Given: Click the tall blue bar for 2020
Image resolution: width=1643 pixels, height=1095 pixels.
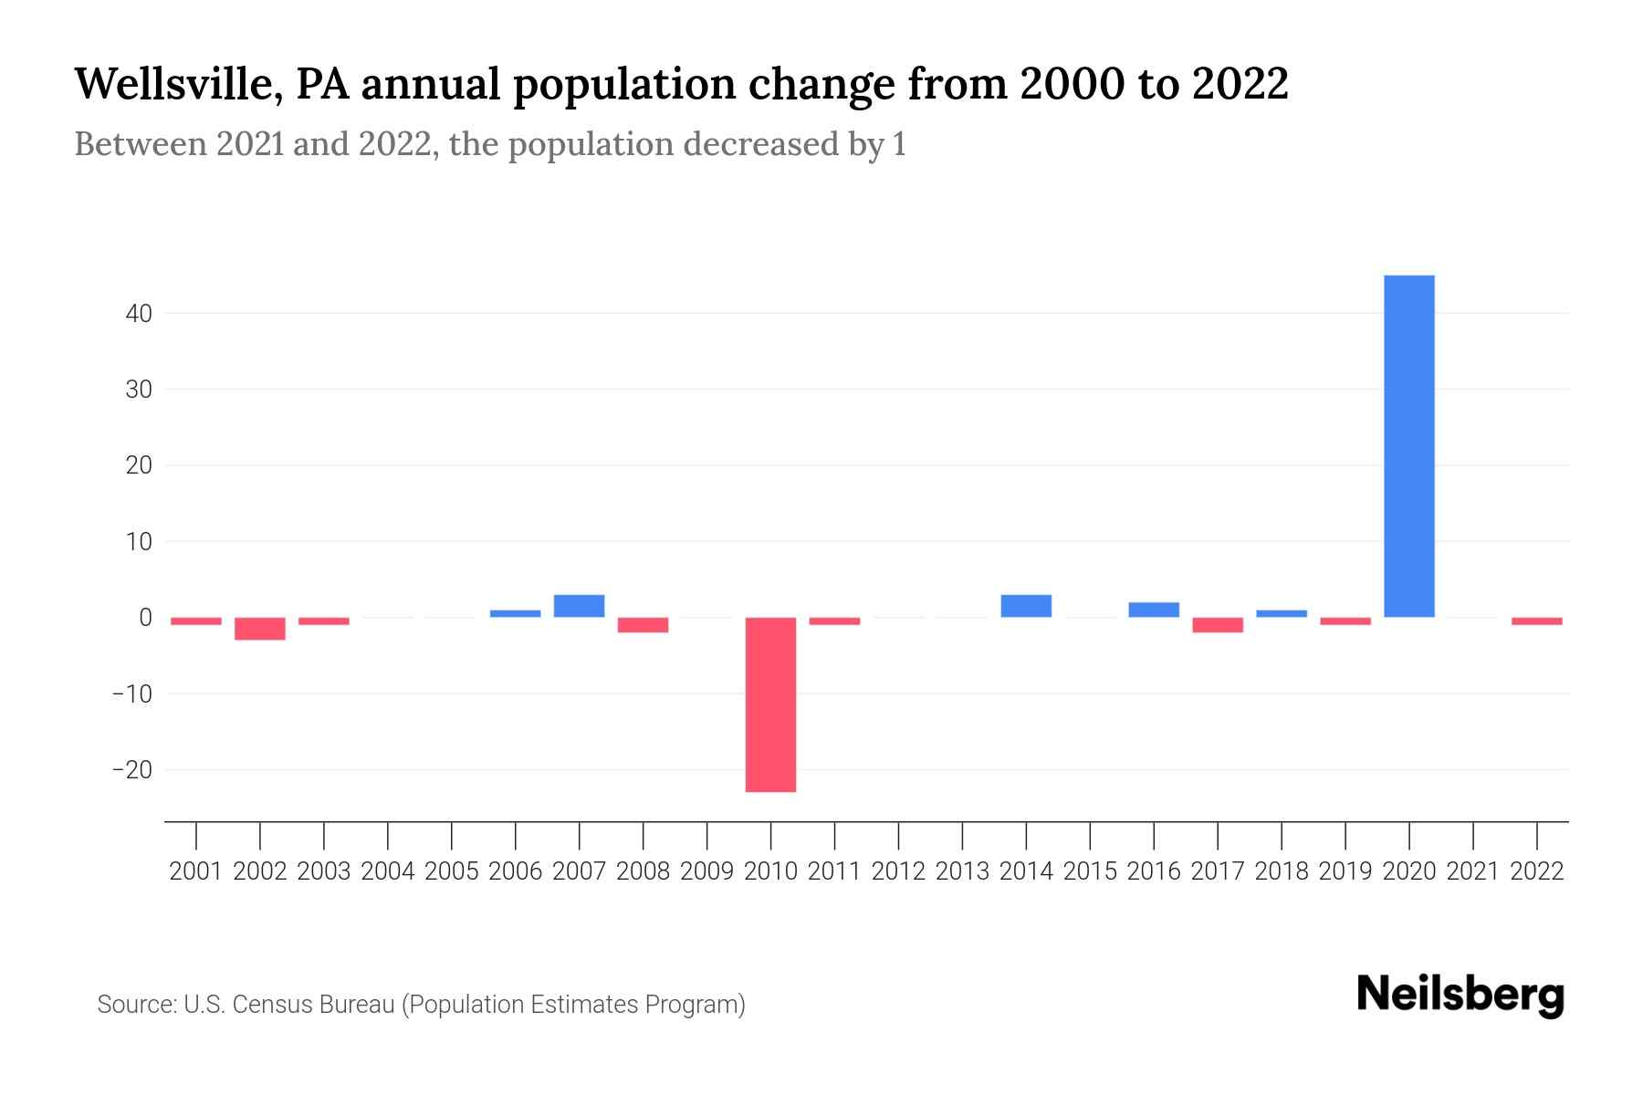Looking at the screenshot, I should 1409,446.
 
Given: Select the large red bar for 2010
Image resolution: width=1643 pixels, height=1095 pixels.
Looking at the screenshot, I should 770,704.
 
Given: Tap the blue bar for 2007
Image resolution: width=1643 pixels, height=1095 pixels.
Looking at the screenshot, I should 579,606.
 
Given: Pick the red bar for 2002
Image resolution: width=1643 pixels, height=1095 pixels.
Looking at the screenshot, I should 260,629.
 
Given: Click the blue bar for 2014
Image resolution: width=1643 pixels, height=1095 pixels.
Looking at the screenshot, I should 1026,606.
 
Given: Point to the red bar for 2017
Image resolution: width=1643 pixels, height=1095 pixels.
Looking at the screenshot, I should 1218,625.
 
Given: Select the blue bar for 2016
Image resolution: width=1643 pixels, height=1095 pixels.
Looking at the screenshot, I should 1154,610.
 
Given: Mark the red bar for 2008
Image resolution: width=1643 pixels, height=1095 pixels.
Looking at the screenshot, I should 643,625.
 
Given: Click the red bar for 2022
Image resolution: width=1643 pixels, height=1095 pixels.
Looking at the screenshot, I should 1537,621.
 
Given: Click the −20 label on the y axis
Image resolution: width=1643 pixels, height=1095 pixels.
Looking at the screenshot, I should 132,770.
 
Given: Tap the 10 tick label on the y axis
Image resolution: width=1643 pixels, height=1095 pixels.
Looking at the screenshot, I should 139,542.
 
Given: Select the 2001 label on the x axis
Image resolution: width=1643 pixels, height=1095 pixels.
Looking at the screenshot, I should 196,871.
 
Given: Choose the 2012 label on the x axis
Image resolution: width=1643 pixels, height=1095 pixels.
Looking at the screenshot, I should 898,871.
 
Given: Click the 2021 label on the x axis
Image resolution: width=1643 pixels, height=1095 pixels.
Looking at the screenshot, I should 1473,871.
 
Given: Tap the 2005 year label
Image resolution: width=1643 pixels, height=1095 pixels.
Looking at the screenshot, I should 452,871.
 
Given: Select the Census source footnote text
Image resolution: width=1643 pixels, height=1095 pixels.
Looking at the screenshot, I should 421,1005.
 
